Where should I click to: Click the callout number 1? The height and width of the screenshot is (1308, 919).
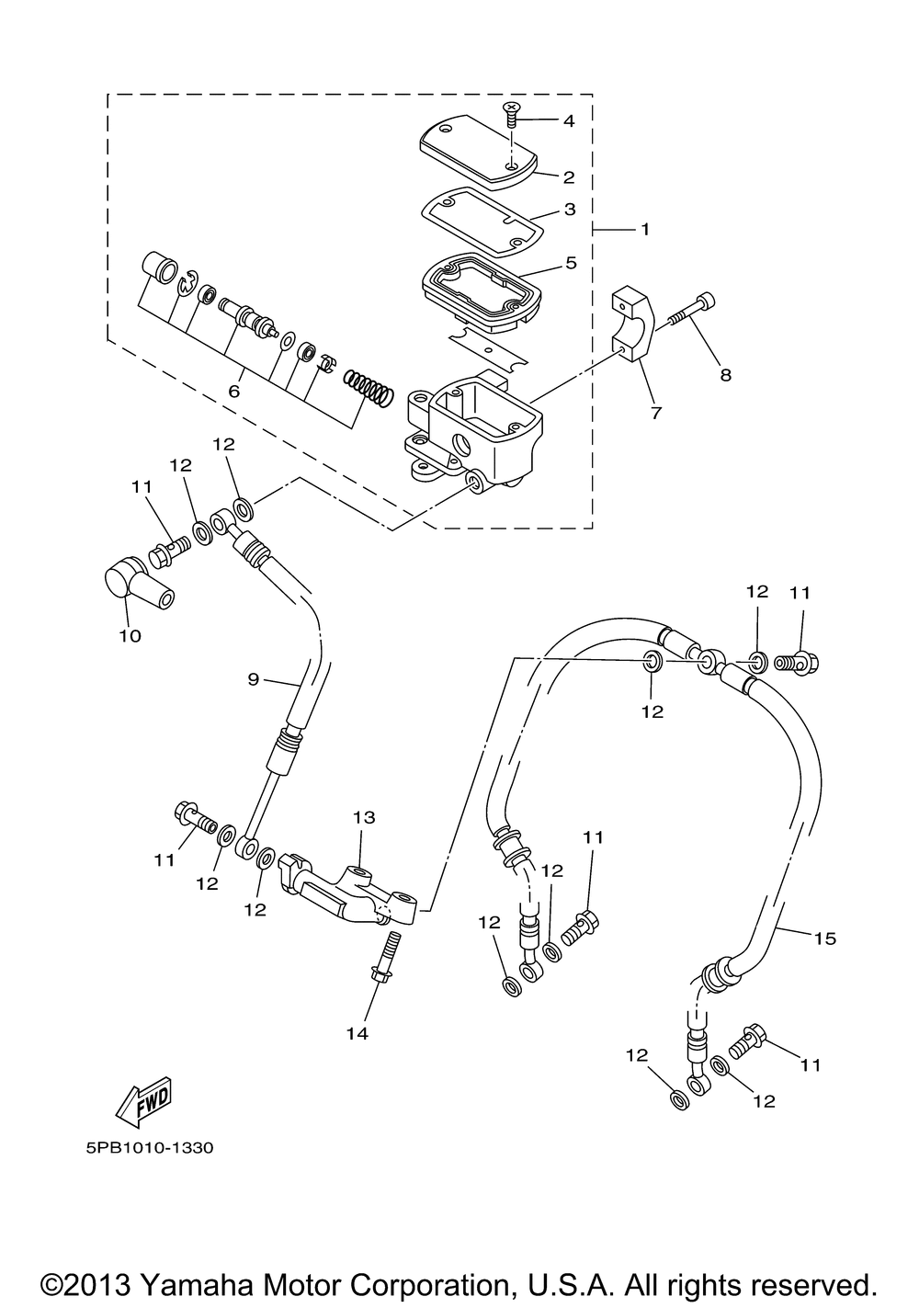click(x=644, y=230)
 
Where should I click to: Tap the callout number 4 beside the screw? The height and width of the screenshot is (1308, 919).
click(x=569, y=121)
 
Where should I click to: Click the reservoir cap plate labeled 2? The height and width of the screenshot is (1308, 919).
click(x=479, y=152)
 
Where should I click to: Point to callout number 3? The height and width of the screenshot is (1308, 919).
click(x=570, y=209)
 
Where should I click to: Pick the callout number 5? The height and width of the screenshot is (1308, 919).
click(x=571, y=263)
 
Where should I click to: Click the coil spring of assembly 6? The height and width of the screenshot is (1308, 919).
click(x=368, y=388)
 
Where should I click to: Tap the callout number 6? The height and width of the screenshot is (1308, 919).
click(x=234, y=392)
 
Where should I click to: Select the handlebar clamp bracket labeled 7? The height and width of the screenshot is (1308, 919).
click(x=633, y=332)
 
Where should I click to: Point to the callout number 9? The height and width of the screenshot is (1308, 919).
click(x=253, y=679)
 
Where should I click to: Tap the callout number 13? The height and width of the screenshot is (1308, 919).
click(x=363, y=817)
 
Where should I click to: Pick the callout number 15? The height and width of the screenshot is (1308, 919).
click(x=825, y=938)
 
